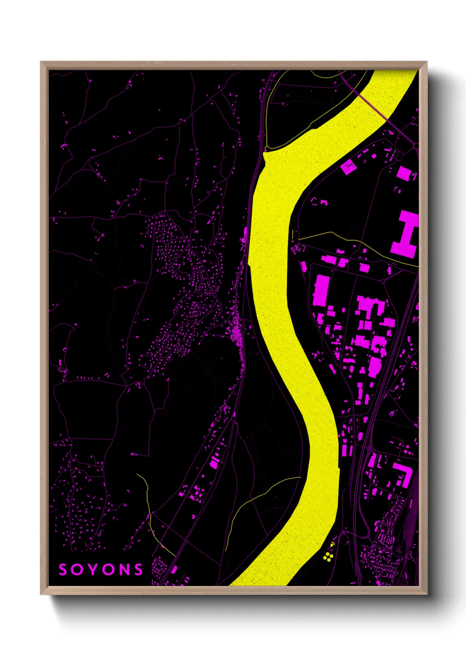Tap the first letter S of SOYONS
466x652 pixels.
point(63,570)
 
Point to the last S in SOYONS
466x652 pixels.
point(139,570)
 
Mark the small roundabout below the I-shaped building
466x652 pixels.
point(383,280)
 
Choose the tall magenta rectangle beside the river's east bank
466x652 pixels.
point(321,290)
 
